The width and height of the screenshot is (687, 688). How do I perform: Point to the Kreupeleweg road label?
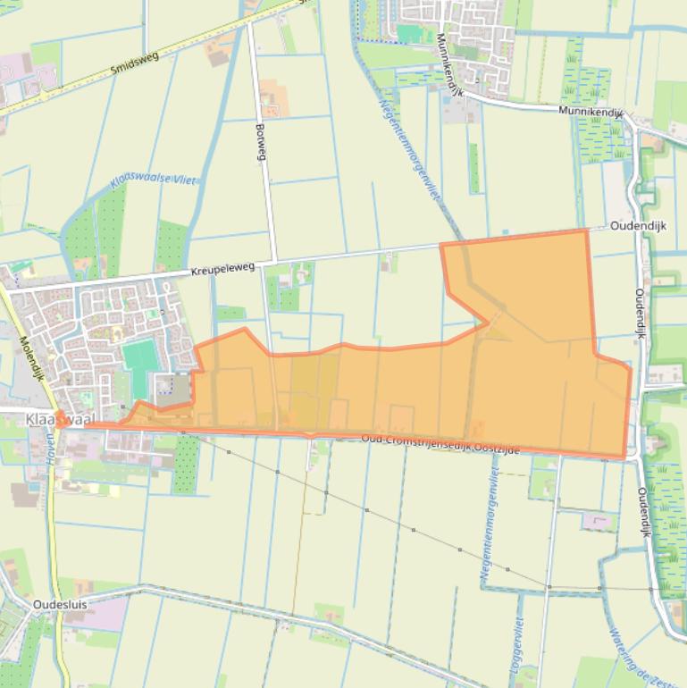[222, 267]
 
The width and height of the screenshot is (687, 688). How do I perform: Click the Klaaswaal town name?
[60, 419]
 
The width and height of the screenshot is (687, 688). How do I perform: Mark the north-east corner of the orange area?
[586, 231]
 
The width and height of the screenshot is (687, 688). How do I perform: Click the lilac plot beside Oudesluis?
[108, 614]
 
